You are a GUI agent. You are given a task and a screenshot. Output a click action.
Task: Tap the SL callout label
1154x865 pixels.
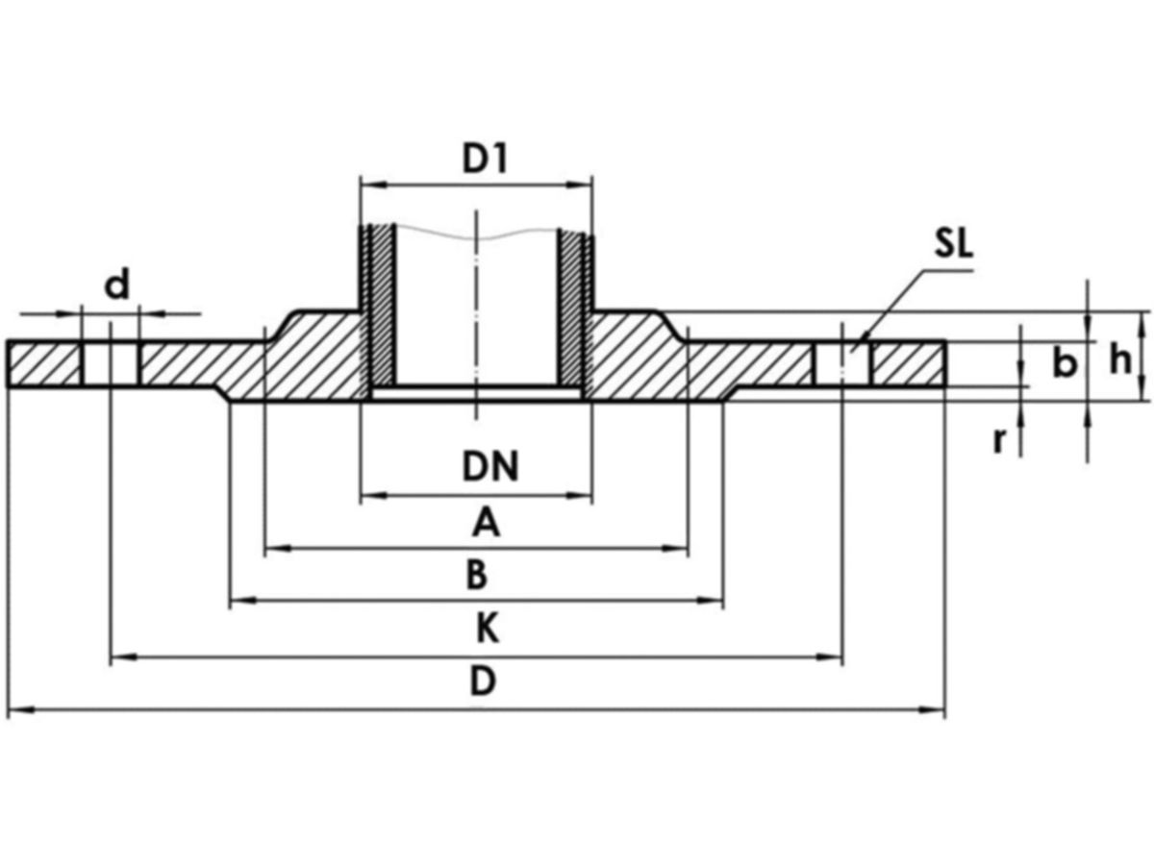pyautogui.click(x=953, y=243)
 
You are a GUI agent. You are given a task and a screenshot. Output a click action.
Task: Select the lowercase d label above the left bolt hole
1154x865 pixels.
pyautogui.click(x=116, y=285)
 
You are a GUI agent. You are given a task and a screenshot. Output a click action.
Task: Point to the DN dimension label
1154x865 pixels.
pyautogui.click(x=489, y=468)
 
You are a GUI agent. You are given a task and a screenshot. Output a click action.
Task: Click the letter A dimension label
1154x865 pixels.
pyautogui.click(x=487, y=524)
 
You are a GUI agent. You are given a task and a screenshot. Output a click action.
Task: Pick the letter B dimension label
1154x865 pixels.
pyautogui.click(x=477, y=576)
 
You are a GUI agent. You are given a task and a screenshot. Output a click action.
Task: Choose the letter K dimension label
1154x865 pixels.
pyautogui.click(x=488, y=630)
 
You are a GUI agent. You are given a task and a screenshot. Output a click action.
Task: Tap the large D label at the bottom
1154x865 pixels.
pyautogui.click(x=483, y=682)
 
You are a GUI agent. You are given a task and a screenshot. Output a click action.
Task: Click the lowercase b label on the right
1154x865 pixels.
pyautogui.click(x=1063, y=364)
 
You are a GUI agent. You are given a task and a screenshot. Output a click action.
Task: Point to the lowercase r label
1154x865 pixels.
pyautogui.click(x=1000, y=440)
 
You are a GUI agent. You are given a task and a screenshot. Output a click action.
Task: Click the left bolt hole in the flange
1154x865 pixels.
pyautogui.click(x=111, y=363)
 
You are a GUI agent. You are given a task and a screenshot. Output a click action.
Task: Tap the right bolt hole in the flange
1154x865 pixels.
pyautogui.click(x=843, y=363)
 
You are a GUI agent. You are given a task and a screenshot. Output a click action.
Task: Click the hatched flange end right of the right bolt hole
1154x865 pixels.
pyautogui.click(x=908, y=363)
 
